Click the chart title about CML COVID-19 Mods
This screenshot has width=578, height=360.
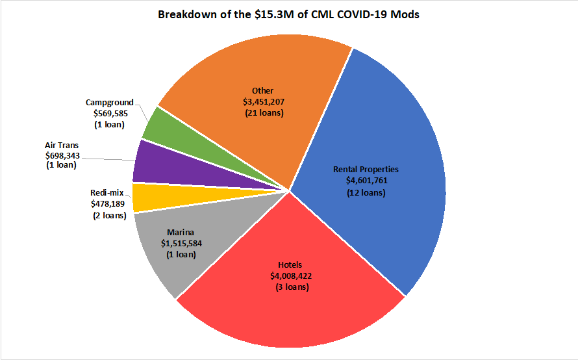288,14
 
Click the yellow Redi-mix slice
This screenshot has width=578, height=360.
146,197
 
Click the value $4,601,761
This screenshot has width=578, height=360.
366,181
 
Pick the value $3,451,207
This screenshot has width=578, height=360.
262,101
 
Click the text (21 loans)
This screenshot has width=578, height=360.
262,113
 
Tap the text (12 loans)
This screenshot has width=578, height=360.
366,192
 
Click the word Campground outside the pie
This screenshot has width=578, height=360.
109,102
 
